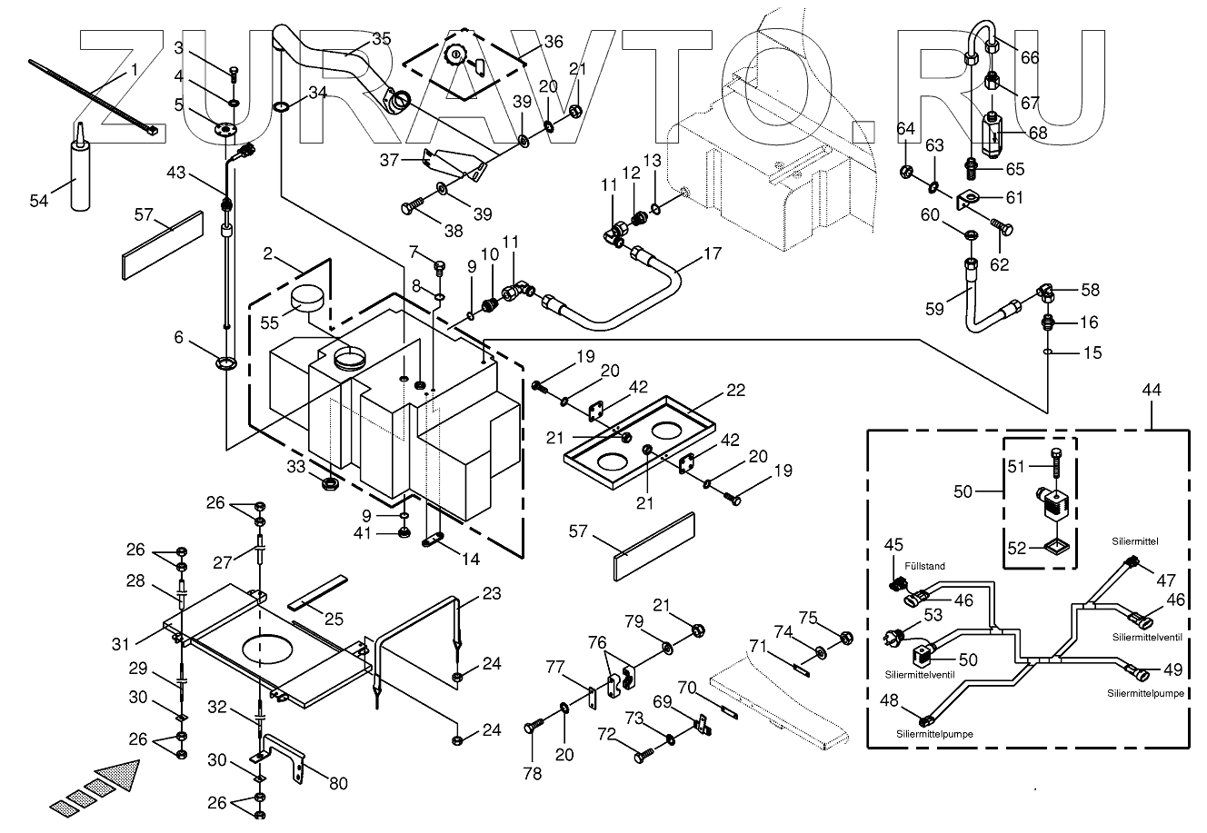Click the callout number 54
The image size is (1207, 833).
(39, 201)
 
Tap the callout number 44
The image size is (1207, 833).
(1152, 390)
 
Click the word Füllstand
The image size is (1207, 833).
(923, 566)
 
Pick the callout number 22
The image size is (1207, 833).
(735, 392)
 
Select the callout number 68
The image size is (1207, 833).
(1037, 133)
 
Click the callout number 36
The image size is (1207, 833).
(553, 42)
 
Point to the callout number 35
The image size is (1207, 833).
(381, 38)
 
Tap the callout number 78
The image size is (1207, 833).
(532, 774)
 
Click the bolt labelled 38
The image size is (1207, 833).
(410, 207)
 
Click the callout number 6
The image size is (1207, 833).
(179, 338)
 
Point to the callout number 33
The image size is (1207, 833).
(297, 466)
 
